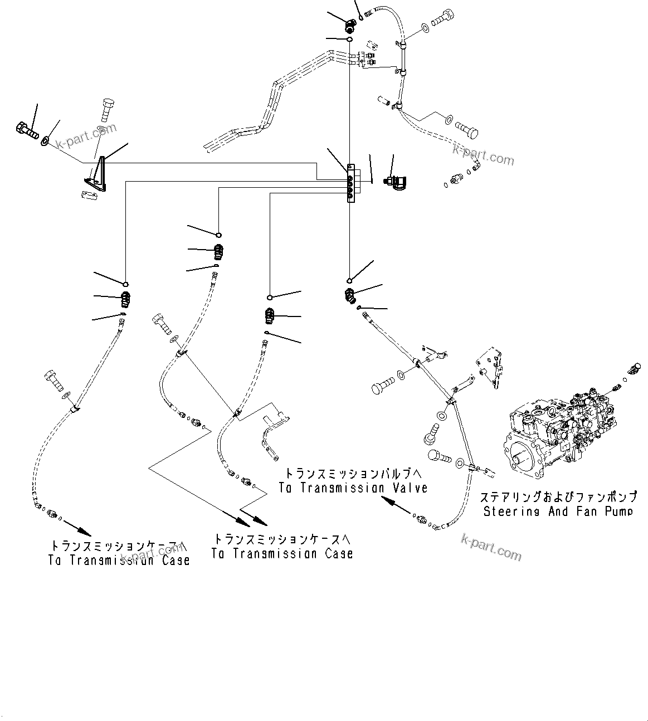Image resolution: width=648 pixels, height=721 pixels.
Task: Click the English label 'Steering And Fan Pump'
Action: [x=558, y=511]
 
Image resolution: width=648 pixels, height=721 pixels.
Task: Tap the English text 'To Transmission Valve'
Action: [x=353, y=488]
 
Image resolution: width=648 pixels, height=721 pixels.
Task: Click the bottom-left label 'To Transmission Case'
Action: [x=119, y=560]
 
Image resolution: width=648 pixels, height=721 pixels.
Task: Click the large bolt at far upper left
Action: [x=25, y=130]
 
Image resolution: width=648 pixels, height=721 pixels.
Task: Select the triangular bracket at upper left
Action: [x=98, y=174]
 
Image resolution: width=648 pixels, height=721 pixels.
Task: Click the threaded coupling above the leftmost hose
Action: [x=126, y=301]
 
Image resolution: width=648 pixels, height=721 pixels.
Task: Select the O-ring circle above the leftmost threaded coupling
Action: [x=126, y=285]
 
